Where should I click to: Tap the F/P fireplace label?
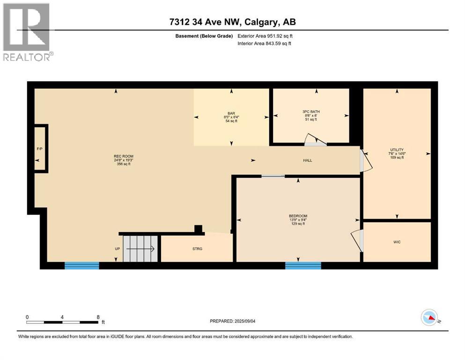[40, 149]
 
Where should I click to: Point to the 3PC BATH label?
[311, 112]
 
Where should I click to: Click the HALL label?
[307, 160]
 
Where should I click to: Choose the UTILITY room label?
[397, 150]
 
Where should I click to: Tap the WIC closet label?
[397, 242]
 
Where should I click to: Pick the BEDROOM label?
[298, 216]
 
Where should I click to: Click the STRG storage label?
[197, 248]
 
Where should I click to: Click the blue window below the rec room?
[82, 266]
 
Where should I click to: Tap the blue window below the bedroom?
[303, 266]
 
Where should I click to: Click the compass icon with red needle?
[430, 318]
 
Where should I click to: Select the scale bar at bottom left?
[63, 322]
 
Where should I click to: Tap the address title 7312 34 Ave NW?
[232, 22]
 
